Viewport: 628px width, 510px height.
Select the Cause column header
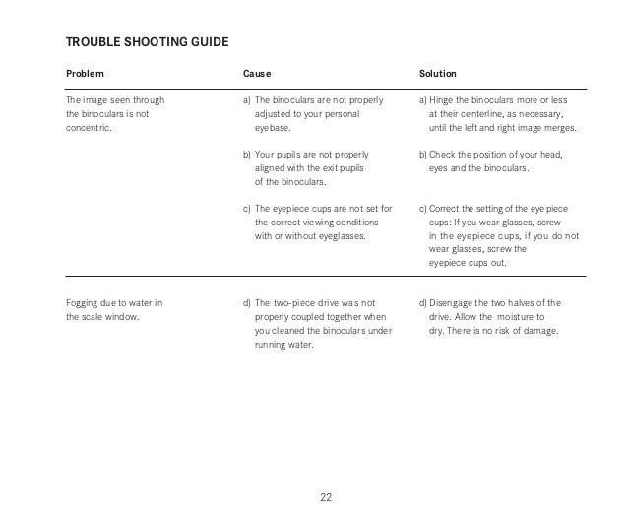257,74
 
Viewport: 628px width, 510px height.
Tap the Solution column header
437,74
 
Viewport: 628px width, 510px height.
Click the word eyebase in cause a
273,128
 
